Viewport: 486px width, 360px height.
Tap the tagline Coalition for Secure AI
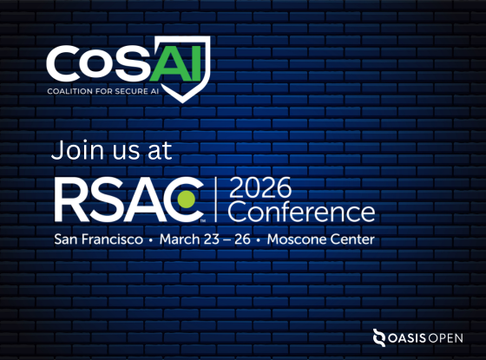pyautogui.click(x=103, y=91)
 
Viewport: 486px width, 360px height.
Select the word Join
pyautogui.click(x=77, y=150)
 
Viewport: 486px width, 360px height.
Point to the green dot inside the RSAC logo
pyautogui.click(x=186, y=200)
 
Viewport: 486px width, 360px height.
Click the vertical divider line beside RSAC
pyautogui.click(x=216, y=200)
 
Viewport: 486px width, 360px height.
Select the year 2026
pyautogui.click(x=260, y=187)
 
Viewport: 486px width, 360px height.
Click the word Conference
pyautogui.click(x=301, y=212)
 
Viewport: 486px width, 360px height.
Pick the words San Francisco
pyautogui.click(x=99, y=239)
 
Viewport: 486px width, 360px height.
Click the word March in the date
pyautogui.click(x=180, y=239)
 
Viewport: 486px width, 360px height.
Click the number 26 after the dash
pyautogui.click(x=242, y=239)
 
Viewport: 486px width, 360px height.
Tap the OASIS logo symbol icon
pyautogui.click(x=379, y=337)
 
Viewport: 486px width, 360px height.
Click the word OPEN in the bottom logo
pyautogui.click(x=445, y=338)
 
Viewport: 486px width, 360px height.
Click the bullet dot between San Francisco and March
pyautogui.click(x=151, y=240)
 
